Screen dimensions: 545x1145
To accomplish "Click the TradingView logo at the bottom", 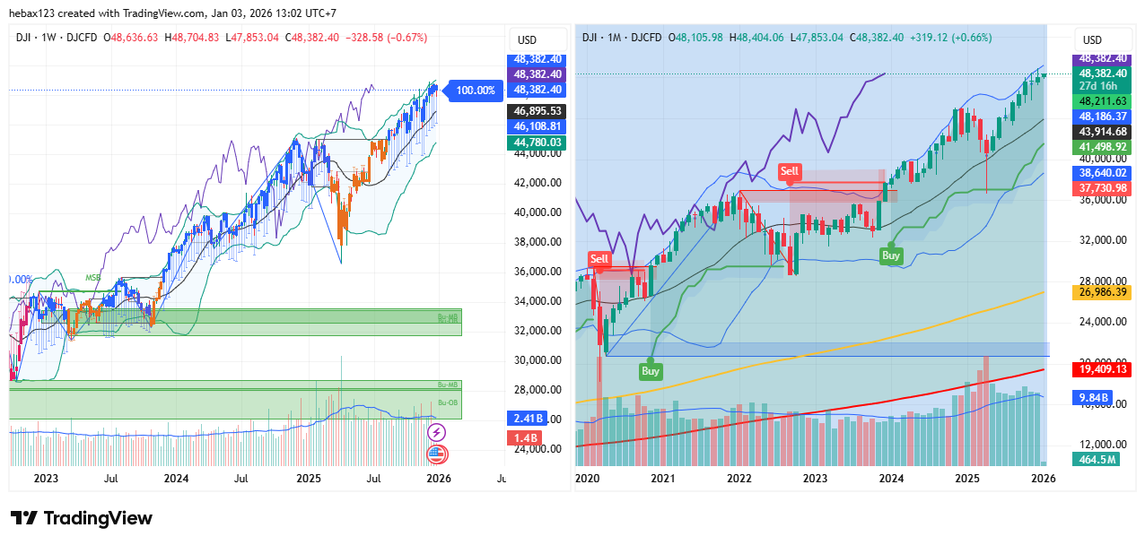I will coord(81,518).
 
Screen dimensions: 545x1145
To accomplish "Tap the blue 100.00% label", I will coord(475,90).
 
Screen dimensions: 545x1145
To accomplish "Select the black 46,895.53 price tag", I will coord(538,111).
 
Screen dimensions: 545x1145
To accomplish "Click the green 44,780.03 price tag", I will coord(538,142).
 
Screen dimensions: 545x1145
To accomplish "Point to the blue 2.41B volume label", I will coord(523,419).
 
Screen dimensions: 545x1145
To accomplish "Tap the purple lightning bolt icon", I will coord(438,432).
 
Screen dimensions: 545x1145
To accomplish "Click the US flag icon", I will coord(438,454).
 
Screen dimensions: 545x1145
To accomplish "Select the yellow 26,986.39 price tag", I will coord(1104,292).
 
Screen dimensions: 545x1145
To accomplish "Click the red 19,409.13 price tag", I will coord(1104,368).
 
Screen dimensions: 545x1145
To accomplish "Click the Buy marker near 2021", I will coord(651,370).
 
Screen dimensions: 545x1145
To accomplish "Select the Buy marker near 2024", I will coord(890,255).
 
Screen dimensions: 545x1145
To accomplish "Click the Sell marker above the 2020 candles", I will coord(599,259).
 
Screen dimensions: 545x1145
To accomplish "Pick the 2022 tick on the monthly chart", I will coord(739,479).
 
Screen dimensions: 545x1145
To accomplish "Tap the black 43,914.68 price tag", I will coord(1104,132).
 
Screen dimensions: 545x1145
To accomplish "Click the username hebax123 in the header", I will coord(36,13).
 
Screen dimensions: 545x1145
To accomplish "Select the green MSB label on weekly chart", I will coord(92,278).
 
